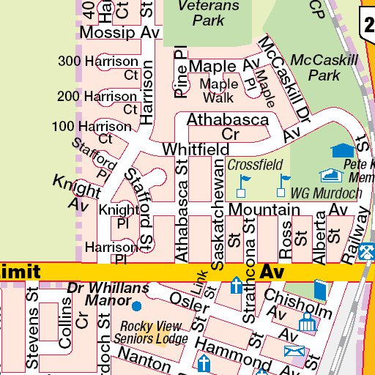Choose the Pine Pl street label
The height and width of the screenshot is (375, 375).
pos(181,73)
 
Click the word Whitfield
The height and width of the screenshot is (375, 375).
pos(196,149)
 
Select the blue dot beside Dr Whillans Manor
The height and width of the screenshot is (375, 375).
pos(136,304)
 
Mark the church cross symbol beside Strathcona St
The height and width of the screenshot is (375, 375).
pos(237,284)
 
